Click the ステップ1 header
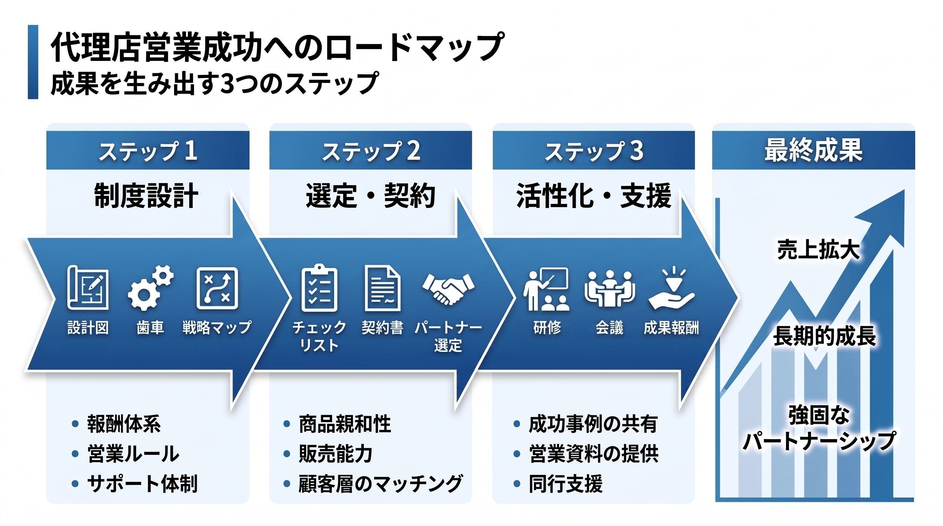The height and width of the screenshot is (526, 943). point(148,151)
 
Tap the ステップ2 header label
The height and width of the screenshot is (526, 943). point(371,151)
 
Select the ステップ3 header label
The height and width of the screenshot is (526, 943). point(594,151)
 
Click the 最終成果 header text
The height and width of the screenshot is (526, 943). point(813,150)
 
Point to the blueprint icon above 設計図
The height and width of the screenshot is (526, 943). point(88,288)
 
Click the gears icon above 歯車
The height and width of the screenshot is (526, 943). point(150,288)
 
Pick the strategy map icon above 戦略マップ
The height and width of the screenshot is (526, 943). point(217,288)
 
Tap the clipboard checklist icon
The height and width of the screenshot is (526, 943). point(319,288)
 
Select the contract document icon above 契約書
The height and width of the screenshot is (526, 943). point(382,288)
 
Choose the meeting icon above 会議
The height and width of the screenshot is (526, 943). point(610,289)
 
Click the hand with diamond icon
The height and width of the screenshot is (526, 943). point(672,289)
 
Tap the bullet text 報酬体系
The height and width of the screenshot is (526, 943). point(124,424)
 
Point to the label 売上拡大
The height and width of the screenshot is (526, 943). point(818,250)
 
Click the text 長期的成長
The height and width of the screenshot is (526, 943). point(824,336)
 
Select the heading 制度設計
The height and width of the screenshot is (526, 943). point(146,196)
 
